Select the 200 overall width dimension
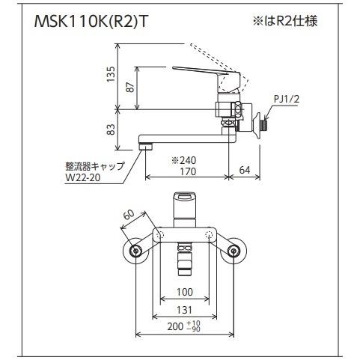click(x=177, y=326)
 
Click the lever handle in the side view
click(x=196, y=70)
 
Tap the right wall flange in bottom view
click(x=237, y=250)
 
